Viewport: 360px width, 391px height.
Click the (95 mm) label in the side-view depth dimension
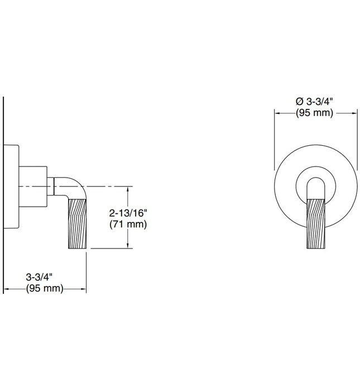44,289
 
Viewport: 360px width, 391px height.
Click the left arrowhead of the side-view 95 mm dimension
7,289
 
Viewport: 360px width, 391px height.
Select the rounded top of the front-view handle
315,182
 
